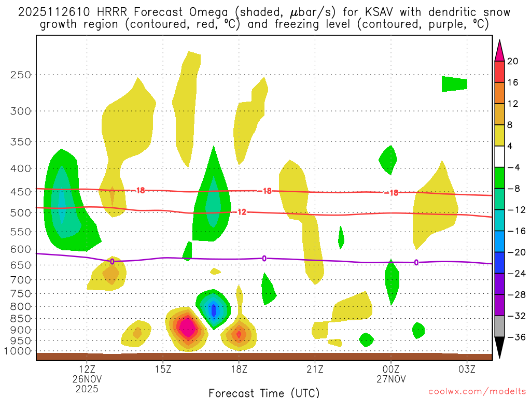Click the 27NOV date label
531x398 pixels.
coord(391,378)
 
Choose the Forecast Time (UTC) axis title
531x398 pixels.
coord(264,392)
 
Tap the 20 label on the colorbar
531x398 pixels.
coord(513,61)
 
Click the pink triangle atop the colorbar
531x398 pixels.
coord(499,50)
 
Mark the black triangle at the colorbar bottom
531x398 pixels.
coord(499,348)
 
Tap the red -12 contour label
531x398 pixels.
coord(241,211)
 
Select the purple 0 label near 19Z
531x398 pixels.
coord(264,258)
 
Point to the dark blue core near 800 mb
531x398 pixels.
coord(214,310)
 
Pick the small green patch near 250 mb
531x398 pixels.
coord(454,84)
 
